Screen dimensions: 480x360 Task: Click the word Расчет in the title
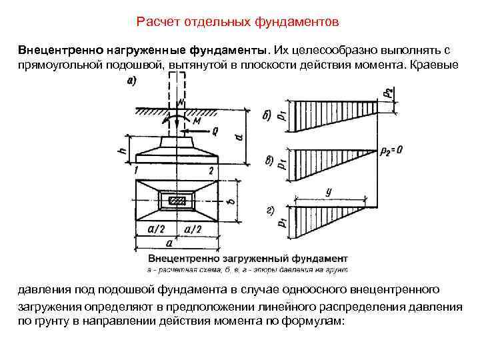(x=156, y=23)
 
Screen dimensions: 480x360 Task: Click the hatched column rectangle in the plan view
(x=177, y=200)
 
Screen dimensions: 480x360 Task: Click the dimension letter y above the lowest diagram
(x=329, y=191)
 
